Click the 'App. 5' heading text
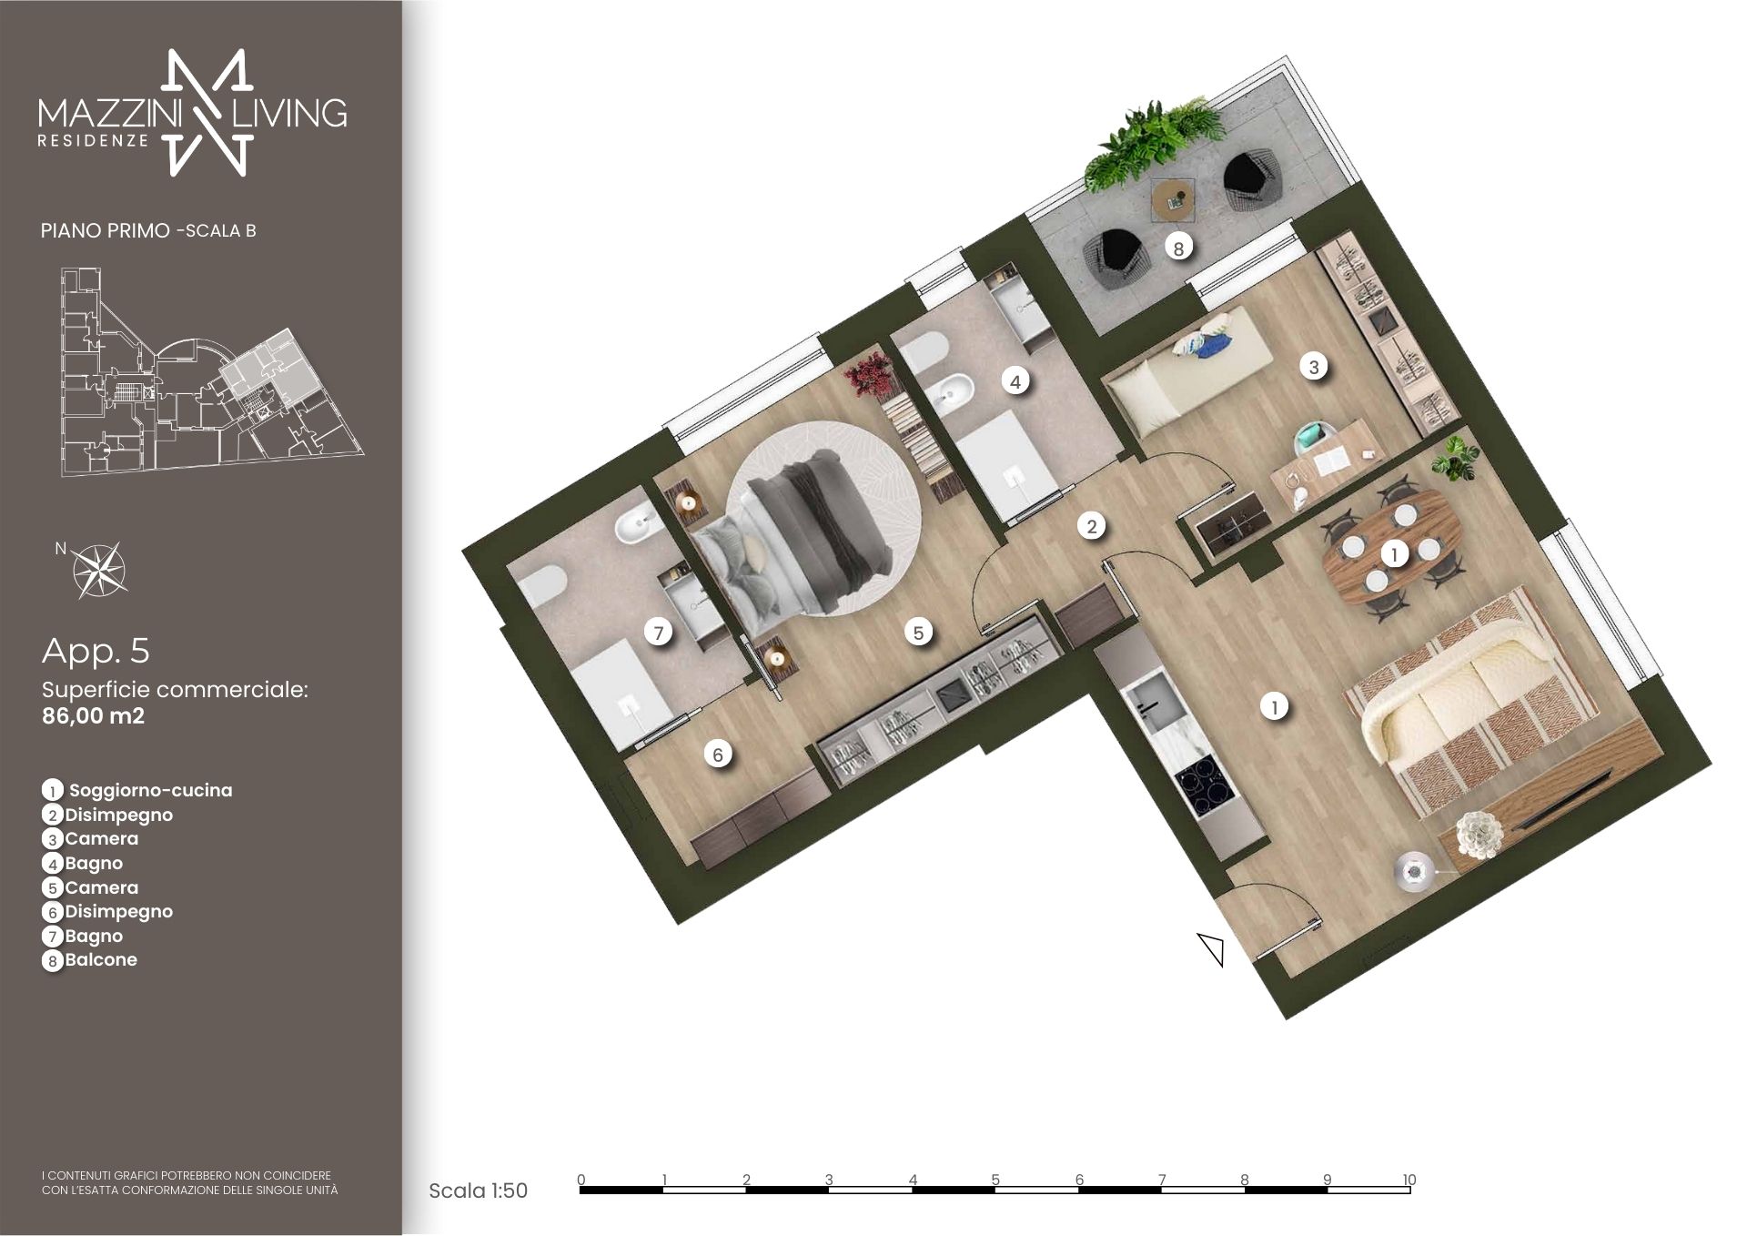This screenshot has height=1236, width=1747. (96, 651)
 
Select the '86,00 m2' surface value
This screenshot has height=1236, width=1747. (93, 715)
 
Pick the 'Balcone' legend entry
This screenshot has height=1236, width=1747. (101, 959)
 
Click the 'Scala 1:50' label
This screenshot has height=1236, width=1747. (478, 1190)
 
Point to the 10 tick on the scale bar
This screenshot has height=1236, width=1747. (1409, 1180)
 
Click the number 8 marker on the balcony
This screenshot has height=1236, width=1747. (1178, 247)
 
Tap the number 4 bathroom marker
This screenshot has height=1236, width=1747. (1015, 381)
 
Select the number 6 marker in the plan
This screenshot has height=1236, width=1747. (718, 754)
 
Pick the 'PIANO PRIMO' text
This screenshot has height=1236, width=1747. (105, 230)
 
